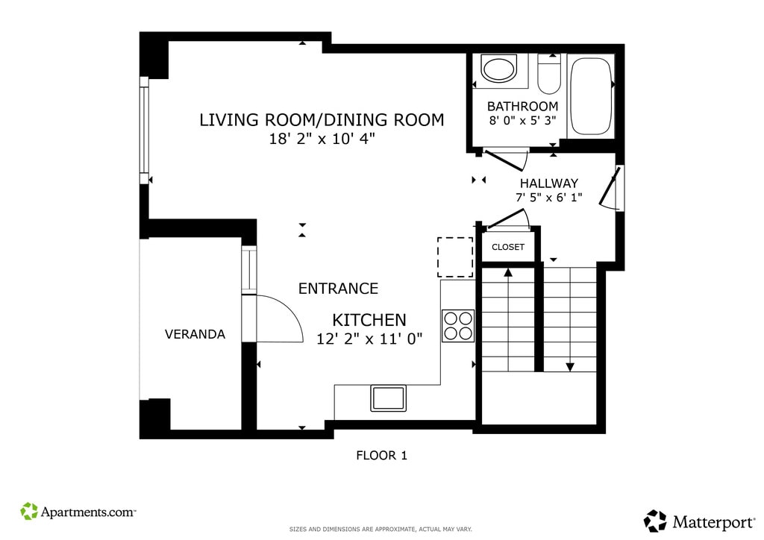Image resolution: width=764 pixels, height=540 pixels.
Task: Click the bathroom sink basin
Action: point(498,69)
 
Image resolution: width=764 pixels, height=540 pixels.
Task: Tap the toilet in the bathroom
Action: point(549,73)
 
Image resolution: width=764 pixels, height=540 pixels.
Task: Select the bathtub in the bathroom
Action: point(590,96)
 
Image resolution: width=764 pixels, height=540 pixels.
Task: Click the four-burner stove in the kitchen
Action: point(458,326)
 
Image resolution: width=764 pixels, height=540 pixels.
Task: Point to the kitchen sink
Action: point(388,398)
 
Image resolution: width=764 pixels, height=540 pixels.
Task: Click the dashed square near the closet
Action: point(455,257)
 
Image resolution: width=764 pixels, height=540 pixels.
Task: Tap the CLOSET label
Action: point(507,247)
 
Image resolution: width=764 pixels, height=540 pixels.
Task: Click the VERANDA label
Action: point(195,334)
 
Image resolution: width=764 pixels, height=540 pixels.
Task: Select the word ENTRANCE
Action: point(338,288)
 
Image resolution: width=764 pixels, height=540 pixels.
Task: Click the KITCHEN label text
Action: point(369,320)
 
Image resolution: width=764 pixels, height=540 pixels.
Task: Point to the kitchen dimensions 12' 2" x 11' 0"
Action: point(369,339)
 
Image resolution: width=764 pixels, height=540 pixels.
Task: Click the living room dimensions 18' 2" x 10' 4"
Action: point(322,139)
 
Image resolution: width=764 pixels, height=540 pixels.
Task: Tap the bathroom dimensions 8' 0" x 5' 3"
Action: point(523,120)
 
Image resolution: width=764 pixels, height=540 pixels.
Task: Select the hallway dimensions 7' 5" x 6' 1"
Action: point(549,197)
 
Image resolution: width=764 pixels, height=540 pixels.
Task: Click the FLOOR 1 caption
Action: point(381,455)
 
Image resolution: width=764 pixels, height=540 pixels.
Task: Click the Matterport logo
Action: point(699,521)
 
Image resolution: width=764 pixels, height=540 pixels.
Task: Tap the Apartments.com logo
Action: point(78,512)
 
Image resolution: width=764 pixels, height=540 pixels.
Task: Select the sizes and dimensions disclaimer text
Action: point(381,530)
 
